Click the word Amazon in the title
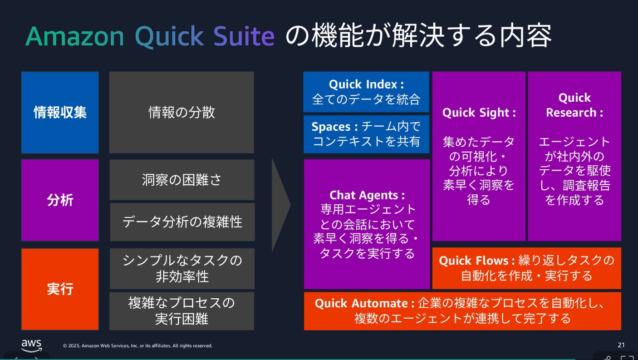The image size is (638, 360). coord(74,36)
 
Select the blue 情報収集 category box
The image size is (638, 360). coord(60,112)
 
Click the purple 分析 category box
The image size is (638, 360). coord(60,200)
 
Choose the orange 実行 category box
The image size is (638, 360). coord(60,289)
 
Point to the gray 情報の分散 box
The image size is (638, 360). coord(182,112)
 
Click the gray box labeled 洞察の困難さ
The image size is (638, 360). coord(182,180)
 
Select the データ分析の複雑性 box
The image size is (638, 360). coord(182,222)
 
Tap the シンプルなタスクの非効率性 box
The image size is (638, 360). coord(182,268)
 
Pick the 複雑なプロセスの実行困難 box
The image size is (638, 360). coord(182,311)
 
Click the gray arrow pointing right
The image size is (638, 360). coord(280,205)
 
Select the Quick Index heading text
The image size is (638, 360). coord(366,84)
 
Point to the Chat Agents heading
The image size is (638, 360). coord(367,195)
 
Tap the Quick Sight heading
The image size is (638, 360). coord(479,113)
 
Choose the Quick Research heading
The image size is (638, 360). coord(574,105)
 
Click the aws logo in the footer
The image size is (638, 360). coord(31,345)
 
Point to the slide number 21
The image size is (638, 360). coord(621,345)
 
